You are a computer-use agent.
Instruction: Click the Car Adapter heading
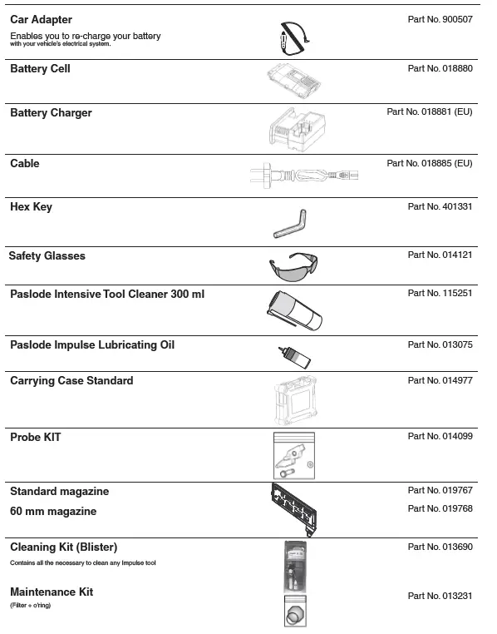click(x=41, y=19)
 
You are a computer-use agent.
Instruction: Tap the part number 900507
click(x=440, y=19)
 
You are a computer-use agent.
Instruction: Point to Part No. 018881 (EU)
click(x=429, y=111)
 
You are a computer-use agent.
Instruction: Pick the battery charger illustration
click(x=294, y=130)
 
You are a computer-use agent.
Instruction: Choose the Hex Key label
click(x=31, y=206)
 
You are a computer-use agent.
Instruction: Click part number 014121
click(x=440, y=255)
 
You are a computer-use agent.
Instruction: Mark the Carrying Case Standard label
click(x=71, y=381)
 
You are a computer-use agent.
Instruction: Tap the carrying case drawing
click(x=294, y=401)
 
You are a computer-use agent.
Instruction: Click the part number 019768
click(x=440, y=508)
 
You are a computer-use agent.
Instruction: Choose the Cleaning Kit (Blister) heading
click(x=63, y=547)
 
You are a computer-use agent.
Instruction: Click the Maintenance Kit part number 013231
click(x=440, y=596)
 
